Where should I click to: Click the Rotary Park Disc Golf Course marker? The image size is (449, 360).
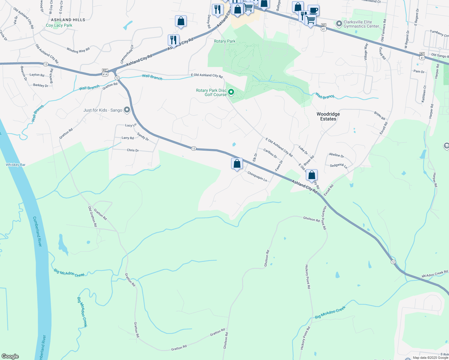click(x=231, y=92)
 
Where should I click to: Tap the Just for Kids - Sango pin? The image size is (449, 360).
click(x=127, y=110)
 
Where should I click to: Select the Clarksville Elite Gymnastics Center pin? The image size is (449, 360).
click(x=339, y=24)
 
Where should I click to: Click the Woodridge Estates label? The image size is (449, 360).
click(x=328, y=116)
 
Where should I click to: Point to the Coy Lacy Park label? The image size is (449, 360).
click(x=59, y=25)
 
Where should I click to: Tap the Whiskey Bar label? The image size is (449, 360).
click(x=16, y=165)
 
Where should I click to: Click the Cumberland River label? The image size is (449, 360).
click(x=38, y=232)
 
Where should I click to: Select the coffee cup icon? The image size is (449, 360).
click(x=313, y=10)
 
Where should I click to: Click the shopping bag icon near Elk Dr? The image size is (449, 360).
click(x=237, y=164)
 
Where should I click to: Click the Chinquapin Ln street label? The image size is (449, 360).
click(x=257, y=176)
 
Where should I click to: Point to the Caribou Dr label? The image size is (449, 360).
click(x=270, y=153)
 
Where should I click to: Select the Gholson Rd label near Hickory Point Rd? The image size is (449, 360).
click(x=311, y=219)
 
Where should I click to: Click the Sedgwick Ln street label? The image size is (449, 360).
click(x=338, y=166)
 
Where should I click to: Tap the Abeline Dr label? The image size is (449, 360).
click(x=336, y=155)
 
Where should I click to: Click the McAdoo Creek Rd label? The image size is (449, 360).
click(x=435, y=274)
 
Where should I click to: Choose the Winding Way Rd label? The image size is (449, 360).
click(x=78, y=50)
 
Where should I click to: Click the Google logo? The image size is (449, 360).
click(x=10, y=356)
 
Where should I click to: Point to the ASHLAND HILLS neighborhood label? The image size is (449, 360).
click(x=68, y=20)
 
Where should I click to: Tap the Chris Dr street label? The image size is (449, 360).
click(x=133, y=150)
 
